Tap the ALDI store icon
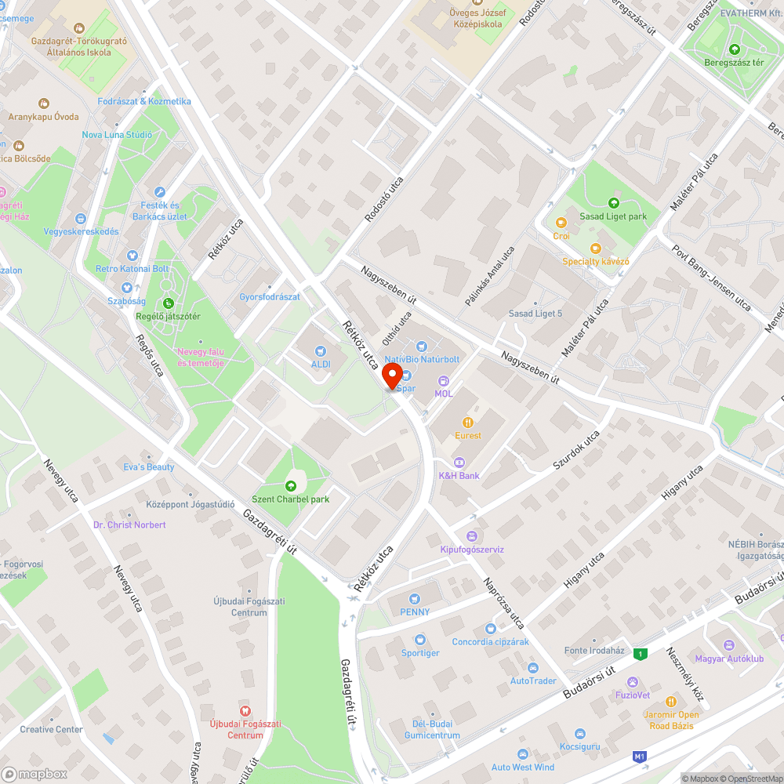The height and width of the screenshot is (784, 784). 320,352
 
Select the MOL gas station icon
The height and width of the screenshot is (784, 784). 443,380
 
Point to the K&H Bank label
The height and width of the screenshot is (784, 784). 459,476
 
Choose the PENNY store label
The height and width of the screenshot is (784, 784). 415,612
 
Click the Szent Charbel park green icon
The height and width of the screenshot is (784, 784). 291,486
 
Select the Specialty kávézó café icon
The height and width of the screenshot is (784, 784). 596,249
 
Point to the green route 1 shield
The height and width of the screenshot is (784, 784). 641,654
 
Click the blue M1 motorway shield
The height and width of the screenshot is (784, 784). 640,757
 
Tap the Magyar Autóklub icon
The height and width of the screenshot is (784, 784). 729,645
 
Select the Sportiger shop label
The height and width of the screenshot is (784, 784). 420,652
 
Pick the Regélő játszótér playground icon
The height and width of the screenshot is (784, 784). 168,303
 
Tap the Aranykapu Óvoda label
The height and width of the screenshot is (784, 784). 44,117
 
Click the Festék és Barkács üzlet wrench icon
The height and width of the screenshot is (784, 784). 160,192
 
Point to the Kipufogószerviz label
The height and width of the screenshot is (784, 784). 471,550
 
